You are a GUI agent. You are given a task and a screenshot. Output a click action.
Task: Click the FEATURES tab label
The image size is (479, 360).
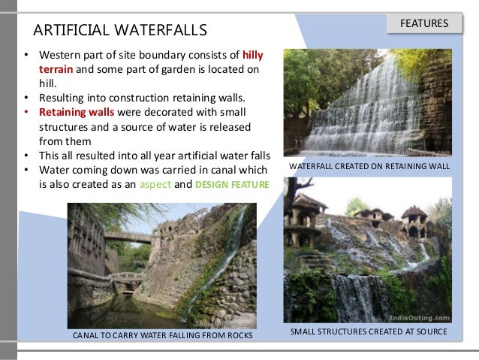click(424, 23)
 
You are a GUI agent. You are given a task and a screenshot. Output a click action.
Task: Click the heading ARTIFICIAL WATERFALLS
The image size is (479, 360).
click(119, 31)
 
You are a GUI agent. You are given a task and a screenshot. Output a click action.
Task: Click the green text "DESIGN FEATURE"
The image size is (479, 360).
click(231, 182)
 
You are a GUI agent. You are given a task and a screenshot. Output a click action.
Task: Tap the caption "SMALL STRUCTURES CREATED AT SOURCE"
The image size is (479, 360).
click(368, 331)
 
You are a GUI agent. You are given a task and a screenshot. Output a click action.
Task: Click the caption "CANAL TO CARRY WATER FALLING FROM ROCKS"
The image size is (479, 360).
click(162, 336)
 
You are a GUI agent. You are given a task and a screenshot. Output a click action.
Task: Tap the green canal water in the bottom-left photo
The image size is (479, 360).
click(135, 312)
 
